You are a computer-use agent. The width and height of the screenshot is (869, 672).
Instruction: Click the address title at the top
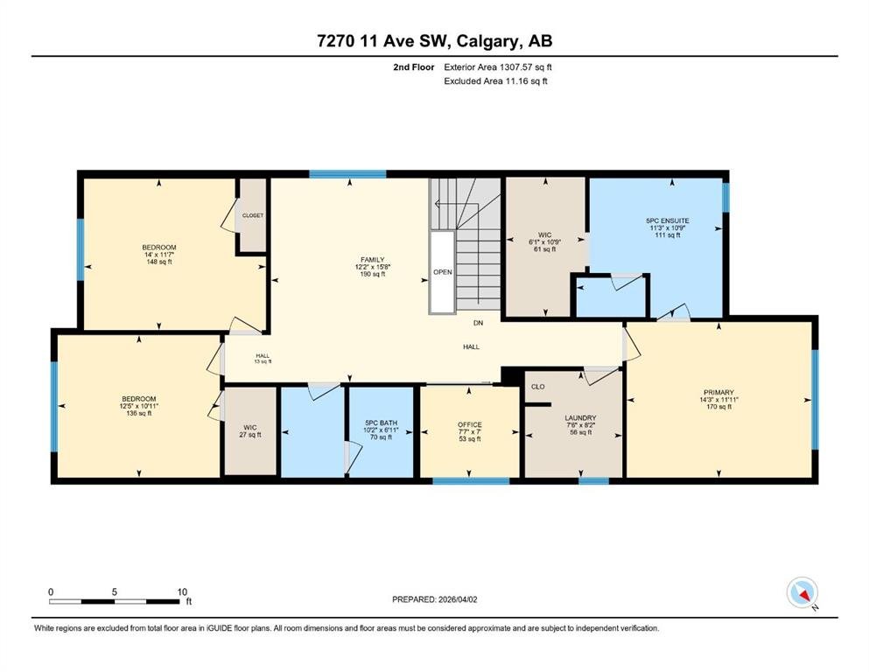[x=434, y=41]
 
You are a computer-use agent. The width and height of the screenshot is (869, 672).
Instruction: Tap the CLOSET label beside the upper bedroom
[x=253, y=215]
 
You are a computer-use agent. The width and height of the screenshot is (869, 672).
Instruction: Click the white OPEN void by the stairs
[x=442, y=272]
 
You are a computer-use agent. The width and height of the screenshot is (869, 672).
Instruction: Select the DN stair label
[x=478, y=322]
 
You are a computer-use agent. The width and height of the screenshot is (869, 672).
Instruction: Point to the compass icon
[x=802, y=592]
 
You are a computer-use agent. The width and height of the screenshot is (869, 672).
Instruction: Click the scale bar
[x=114, y=601]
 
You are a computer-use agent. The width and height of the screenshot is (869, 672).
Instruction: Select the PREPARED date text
[x=434, y=599]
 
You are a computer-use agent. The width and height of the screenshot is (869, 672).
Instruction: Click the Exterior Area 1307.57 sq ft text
[x=498, y=67]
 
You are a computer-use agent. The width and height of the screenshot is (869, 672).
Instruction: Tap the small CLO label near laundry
[x=537, y=387]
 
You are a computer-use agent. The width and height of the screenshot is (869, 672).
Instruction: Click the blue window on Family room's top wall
[x=347, y=174]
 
